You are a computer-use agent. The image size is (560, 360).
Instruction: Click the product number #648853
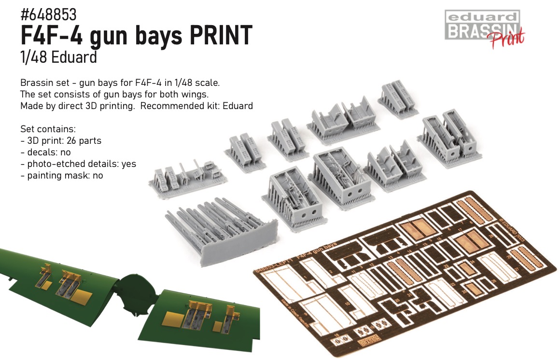[48, 15]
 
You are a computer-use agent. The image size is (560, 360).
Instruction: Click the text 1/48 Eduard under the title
[59, 57]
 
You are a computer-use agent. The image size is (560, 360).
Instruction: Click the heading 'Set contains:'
[48, 129]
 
